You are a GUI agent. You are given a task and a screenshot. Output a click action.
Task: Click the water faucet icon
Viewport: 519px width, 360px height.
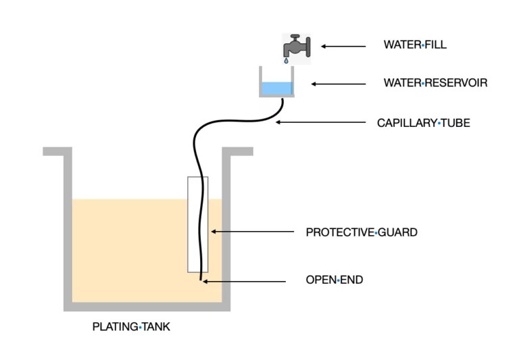pos(296,46)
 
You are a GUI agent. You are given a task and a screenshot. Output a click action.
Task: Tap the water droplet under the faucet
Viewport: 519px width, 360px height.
pos(287,60)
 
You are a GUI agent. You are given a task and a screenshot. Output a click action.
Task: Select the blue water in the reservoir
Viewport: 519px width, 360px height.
pos(276,88)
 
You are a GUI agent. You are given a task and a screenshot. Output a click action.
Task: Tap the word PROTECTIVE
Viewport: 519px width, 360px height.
pos(339,232)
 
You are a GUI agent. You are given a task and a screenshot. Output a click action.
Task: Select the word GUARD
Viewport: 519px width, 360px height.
pos(397,232)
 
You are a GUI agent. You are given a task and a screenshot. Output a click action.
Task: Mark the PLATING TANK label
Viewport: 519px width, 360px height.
pos(131,328)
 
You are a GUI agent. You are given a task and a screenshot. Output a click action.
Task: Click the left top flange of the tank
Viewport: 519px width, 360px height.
pos(57,151)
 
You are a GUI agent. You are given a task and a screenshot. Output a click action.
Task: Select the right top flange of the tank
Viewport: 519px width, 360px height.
pos(237,151)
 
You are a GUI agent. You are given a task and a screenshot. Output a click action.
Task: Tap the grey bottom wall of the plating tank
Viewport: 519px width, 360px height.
pos(147,307)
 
